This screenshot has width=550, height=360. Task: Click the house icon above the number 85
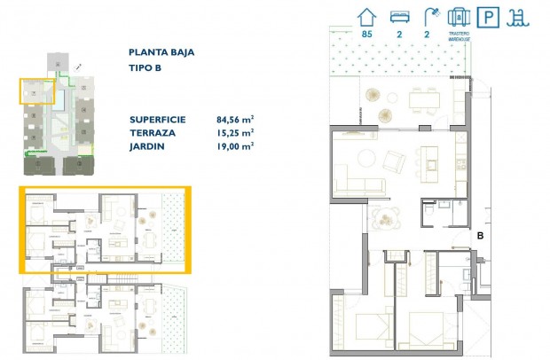[365, 16]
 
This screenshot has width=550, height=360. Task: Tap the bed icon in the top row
[400, 16]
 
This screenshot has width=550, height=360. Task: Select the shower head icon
[432, 16]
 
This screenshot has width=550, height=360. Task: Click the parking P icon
[487, 16]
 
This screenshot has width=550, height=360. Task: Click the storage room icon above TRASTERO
[459, 16]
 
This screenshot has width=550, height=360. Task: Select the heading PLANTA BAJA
[161, 52]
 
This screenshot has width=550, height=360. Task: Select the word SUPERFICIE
[157, 118]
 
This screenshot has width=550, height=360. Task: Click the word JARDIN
[146, 146]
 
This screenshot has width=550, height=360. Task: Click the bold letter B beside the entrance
[480, 236]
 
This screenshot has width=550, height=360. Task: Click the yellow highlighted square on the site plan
[36, 92]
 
